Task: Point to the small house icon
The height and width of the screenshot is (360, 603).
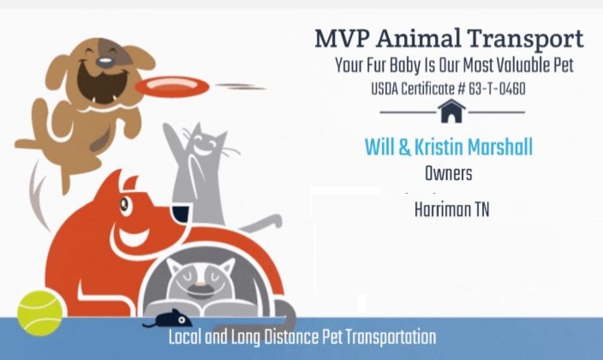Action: tap(451, 111)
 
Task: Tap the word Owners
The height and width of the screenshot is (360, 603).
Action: tap(449, 174)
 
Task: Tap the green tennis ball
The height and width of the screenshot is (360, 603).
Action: tap(40, 312)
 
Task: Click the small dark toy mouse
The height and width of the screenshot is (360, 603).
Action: tap(163, 319)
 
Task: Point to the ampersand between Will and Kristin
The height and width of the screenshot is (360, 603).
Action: tap(402, 147)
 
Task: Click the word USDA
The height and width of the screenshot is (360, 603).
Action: tap(387, 88)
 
